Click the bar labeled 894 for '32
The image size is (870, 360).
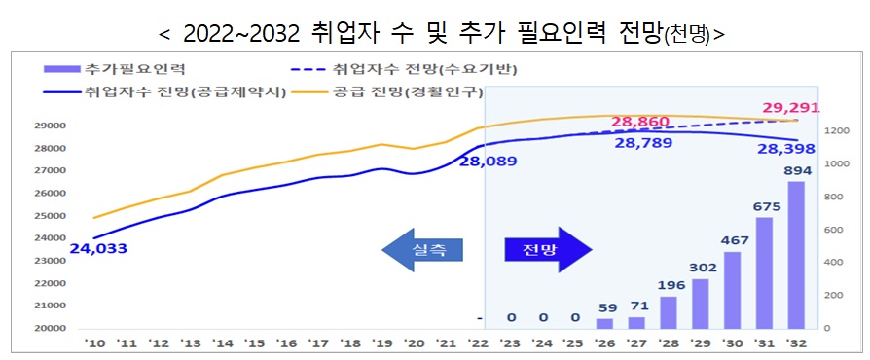[x=796, y=255]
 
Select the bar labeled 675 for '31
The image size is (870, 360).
[x=764, y=272]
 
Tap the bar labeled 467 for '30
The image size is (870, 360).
[x=732, y=290]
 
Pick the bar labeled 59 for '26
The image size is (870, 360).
[x=604, y=323]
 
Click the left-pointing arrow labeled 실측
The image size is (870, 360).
[x=422, y=250]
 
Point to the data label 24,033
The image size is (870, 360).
[x=98, y=249]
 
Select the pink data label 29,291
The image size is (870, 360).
[x=791, y=108]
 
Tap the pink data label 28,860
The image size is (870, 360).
[x=643, y=124]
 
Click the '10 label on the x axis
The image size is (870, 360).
[x=94, y=344]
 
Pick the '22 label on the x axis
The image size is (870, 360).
[x=477, y=344]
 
